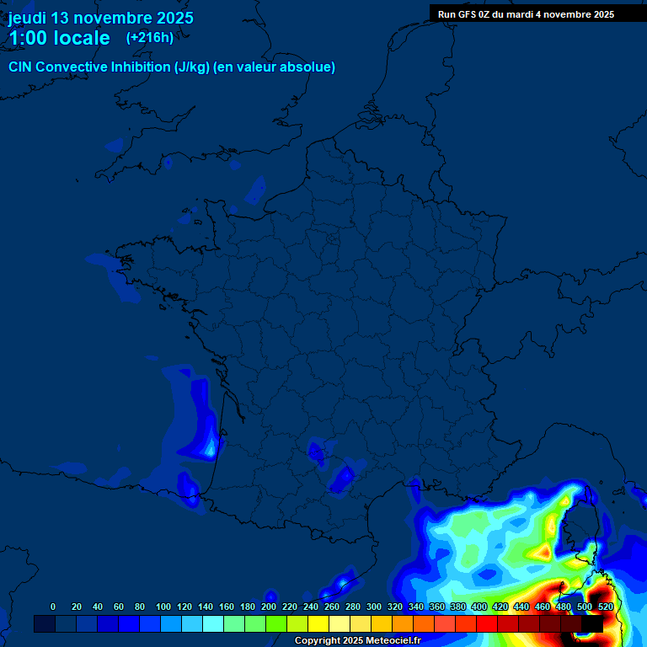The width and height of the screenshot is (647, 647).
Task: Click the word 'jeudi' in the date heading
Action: click(x=28, y=18)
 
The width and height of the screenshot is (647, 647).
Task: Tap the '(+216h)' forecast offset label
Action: click(x=150, y=37)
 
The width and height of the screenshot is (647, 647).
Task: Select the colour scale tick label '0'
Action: click(x=53, y=607)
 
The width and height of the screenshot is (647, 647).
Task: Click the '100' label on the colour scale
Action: click(x=163, y=607)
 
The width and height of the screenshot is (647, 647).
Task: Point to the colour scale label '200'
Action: click(x=269, y=607)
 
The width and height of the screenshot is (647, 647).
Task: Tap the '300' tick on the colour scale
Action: click(x=374, y=607)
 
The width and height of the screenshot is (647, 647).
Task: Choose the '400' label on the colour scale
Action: click(x=479, y=607)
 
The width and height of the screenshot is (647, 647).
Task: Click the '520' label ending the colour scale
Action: click(x=605, y=607)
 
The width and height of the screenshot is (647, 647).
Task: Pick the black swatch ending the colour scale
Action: click(x=592, y=623)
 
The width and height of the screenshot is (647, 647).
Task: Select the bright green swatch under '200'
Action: click(x=275, y=623)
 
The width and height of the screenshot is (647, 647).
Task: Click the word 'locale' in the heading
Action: click(x=81, y=38)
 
